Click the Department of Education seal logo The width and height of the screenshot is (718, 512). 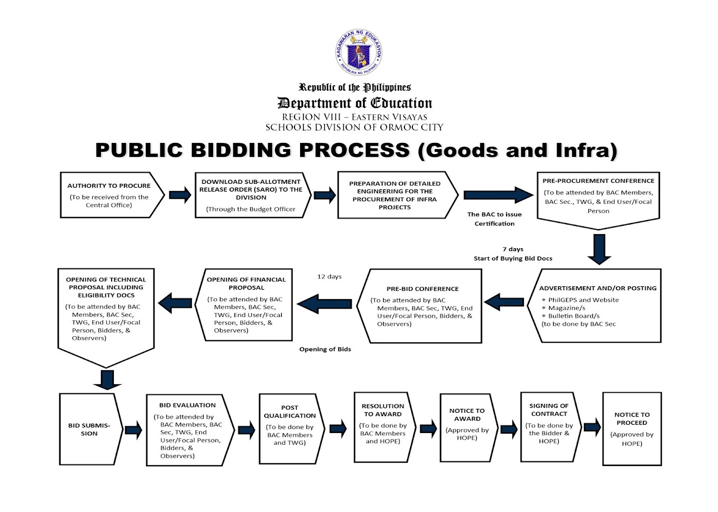pyautogui.click(x=360, y=54)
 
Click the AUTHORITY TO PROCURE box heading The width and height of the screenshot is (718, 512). pyautogui.click(x=109, y=185)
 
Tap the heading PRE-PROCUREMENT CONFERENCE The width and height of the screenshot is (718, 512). pyautogui.click(x=598, y=181)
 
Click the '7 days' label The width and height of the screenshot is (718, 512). pyautogui.click(x=512, y=249)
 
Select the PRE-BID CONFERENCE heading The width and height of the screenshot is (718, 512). pyautogui.click(x=422, y=289)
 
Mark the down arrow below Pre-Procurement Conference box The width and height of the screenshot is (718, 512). pyautogui.click(x=599, y=249)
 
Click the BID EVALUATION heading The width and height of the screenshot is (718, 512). pyautogui.click(x=187, y=405)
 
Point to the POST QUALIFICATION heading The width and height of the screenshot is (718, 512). pyautogui.click(x=290, y=412)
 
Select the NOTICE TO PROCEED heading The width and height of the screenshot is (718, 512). pyautogui.click(x=632, y=419)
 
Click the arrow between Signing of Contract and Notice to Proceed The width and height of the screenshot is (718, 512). pyautogui.click(x=592, y=427)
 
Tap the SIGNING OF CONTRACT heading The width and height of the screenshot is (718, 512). pyautogui.click(x=549, y=409)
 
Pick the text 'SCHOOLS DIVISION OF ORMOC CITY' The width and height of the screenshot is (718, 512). pyautogui.click(x=355, y=128)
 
